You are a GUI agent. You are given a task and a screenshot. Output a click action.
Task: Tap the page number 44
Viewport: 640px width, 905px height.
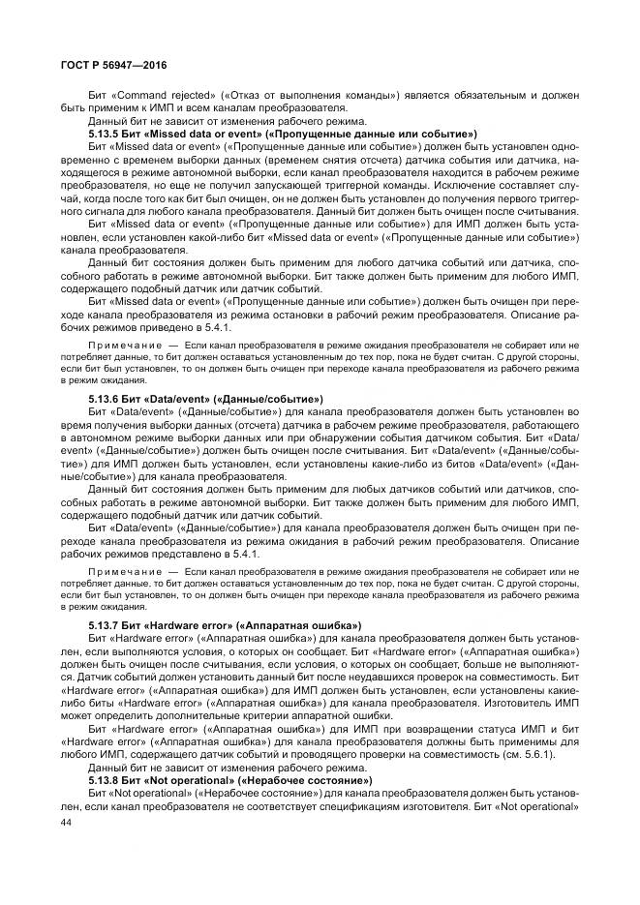[x=67, y=822]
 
